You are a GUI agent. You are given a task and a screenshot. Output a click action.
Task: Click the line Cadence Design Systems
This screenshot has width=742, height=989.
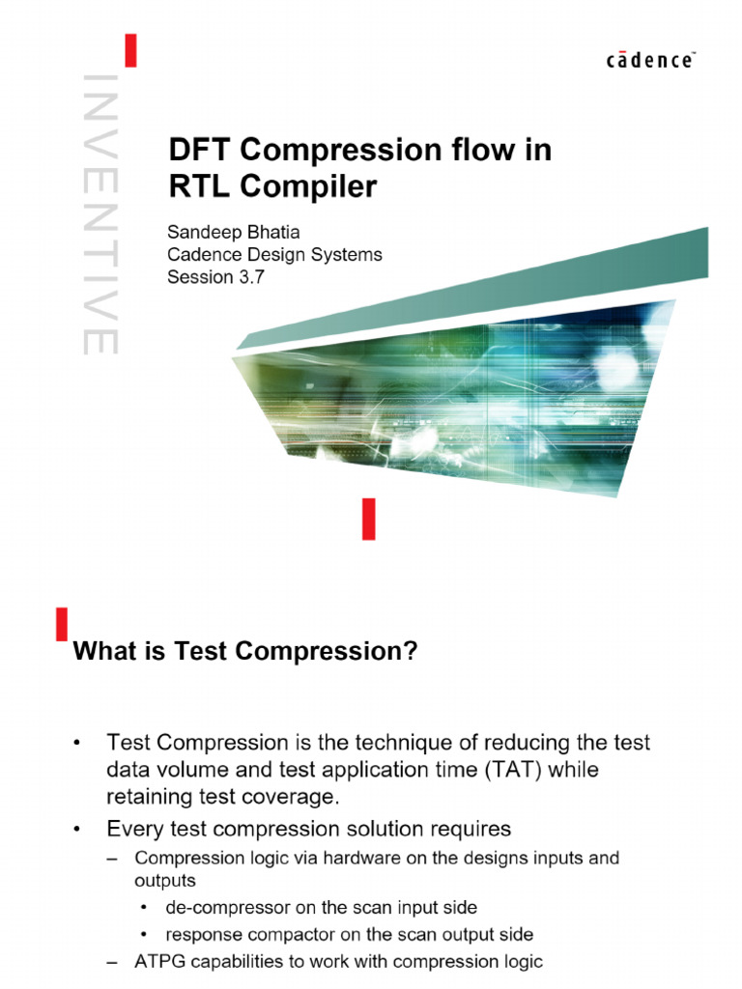click(x=275, y=255)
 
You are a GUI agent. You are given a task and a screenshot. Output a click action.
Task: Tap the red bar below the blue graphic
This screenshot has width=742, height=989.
click(x=368, y=519)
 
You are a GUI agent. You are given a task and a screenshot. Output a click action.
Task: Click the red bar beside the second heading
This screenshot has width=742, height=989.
click(x=62, y=624)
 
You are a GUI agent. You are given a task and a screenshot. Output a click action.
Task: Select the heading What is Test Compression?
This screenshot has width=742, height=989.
click(x=246, y=652)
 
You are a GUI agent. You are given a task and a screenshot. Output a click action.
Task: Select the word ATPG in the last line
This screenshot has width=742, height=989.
click(x=157, y=961)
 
